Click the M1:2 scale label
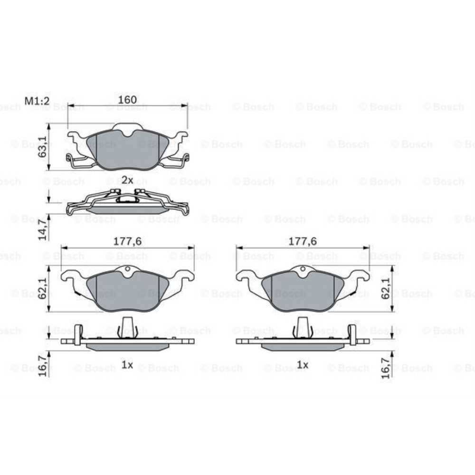38,101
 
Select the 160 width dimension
127,100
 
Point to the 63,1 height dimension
42,147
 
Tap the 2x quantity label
127,180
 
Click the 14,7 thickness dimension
42,229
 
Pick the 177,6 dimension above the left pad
127,241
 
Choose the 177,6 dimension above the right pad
303,241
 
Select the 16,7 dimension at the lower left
42,364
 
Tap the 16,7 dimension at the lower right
385,369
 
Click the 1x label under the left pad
127,365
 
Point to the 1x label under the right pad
303,365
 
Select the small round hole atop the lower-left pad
127,270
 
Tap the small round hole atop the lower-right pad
303,270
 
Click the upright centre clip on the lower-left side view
127,327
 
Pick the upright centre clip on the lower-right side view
303,327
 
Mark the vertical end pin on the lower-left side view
78,334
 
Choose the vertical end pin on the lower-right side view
352,334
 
